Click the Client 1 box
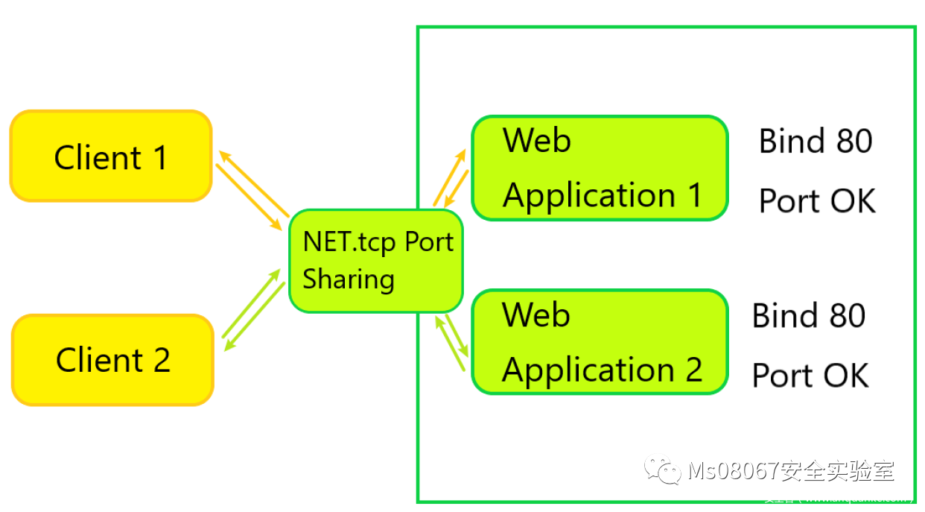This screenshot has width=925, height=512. (x=111, y=157)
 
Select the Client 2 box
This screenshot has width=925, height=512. (x=112, y=360)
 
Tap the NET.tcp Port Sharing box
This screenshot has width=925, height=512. (x=376, y=261)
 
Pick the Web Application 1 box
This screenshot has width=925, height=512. (x=600, y=168)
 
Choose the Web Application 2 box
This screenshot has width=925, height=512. (x=600, y=342)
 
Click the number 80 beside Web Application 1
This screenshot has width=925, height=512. (x=851, y=142)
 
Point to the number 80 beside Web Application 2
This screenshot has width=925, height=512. (x=845, y=316)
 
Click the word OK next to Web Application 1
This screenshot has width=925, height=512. (x=851, y=201)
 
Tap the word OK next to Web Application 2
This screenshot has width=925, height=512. (x=845, y=376)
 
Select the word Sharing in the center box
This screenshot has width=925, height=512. (x=349, y=279)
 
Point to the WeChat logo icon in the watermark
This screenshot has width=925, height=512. (x=662, y=470)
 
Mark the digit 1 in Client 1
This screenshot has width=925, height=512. (x=159, y=157)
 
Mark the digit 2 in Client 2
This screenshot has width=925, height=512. (x=162, y=361)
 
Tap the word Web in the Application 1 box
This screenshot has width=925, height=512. (x=537, y=140)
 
